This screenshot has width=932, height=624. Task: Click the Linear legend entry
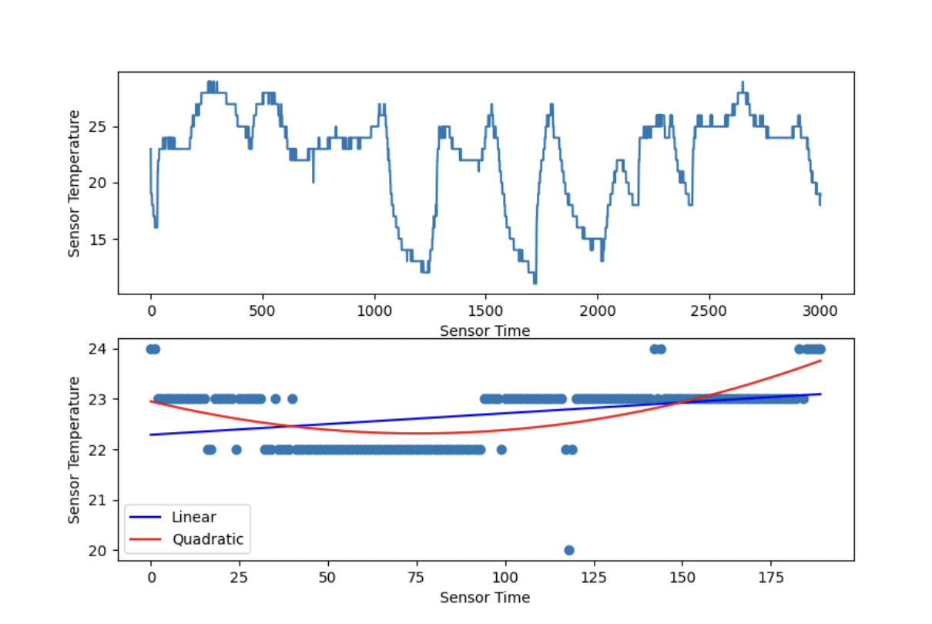(x=193, y=517)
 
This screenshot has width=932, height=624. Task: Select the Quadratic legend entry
(x=207, y=539)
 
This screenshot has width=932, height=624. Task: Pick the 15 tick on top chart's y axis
(x=104, y=239)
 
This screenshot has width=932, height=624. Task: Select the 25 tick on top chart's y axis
(x=104, y=126)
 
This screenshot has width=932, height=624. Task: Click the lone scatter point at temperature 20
(x=569, y=550)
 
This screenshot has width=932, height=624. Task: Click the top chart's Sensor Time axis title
(x=484, y=330)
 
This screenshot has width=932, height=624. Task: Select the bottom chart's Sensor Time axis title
(x=484, y=597)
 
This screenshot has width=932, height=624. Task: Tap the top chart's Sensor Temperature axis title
(x=74, y=183)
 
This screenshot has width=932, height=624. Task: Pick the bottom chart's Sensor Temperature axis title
(x=74, y=450)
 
